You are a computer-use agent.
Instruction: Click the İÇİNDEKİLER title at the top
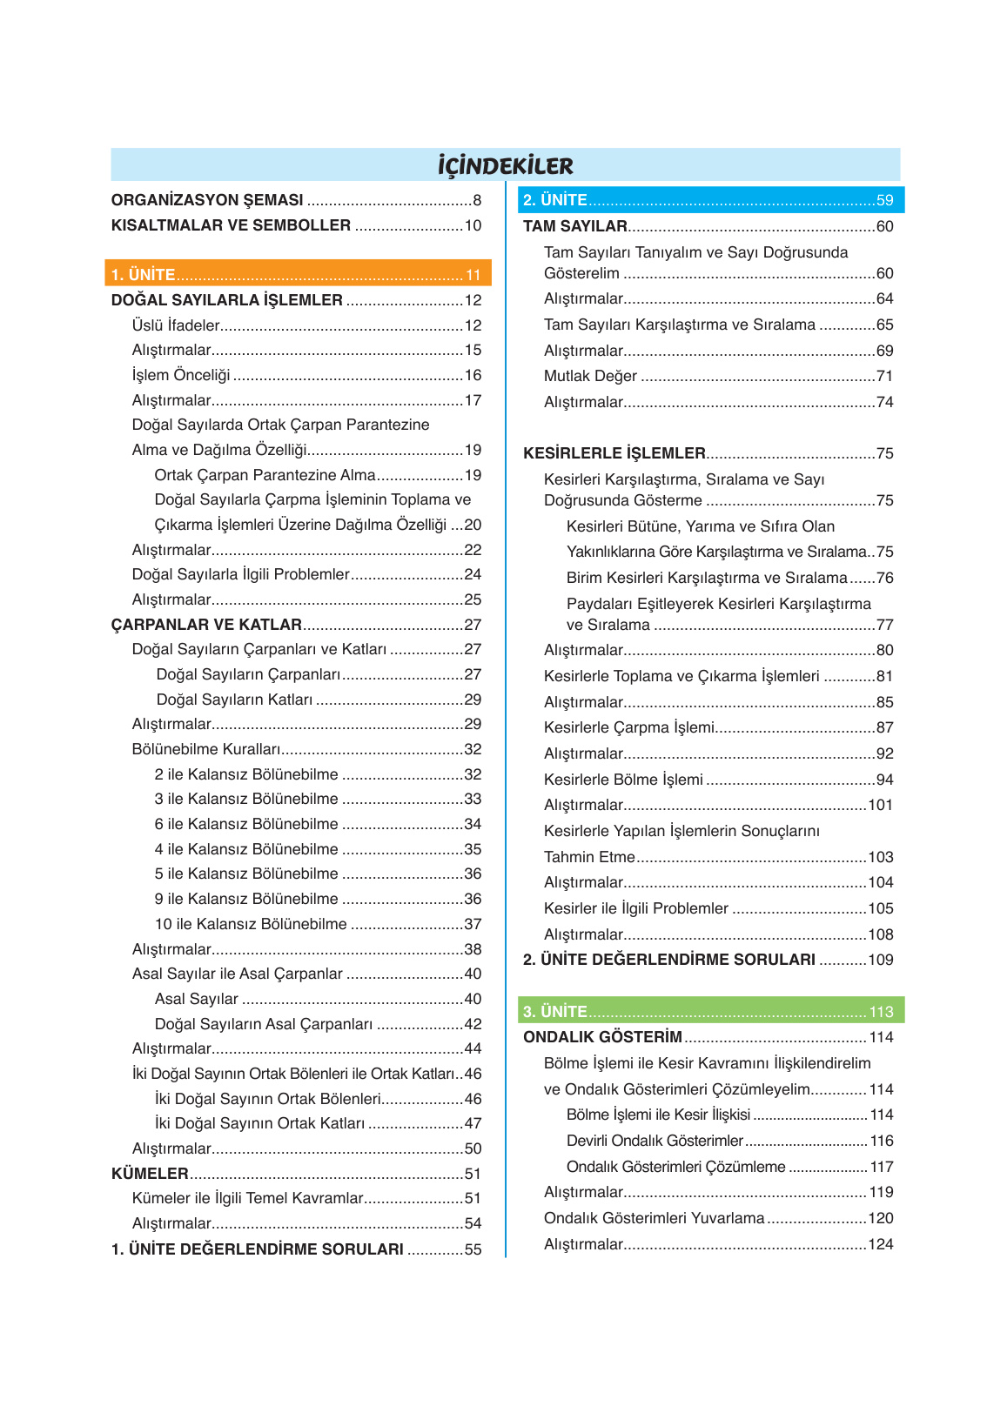505,165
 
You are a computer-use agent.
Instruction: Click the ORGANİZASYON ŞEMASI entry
207,200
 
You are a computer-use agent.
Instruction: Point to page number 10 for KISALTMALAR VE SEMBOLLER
473,225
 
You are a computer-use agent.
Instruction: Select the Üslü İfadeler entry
176,325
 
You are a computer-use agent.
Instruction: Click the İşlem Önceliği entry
181,375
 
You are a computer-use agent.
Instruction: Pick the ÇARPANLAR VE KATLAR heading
206,625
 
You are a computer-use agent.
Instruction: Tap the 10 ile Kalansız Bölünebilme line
251,924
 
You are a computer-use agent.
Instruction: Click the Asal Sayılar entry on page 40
197,999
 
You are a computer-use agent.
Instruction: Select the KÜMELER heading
150,1174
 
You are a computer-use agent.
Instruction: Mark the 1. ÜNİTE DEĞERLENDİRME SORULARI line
258,1249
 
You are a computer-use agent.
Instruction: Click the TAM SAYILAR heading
575,226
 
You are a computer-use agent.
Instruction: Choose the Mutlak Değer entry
590,376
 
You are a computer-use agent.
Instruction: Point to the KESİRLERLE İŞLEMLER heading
614,453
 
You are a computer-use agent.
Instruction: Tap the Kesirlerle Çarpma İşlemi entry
629,727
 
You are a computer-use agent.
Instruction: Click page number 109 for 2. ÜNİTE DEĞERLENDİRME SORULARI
881,960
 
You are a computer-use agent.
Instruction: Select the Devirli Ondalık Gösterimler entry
655,1141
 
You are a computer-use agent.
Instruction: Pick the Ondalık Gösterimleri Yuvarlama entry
654,1218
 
